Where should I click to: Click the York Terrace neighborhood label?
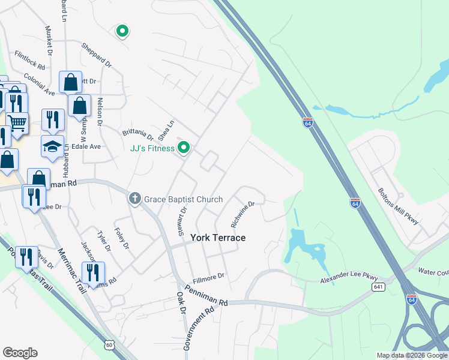click(x=218, y=238)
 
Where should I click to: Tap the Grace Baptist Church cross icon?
click(x=135, y=198)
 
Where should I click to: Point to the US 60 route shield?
click(x=109, y=344)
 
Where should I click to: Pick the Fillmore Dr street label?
click(x=208, y=278)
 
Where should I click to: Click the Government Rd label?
click(x=199, y=329)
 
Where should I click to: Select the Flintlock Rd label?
click(x=30, y=59)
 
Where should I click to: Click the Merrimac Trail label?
click(x=71, y=271)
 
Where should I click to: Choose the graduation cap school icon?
click(x=52, y=146)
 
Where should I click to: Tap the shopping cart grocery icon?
click(x=17, y=123)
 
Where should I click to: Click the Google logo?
click(x=20, y=353)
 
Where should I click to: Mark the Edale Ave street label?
click(x=87, y=146)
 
